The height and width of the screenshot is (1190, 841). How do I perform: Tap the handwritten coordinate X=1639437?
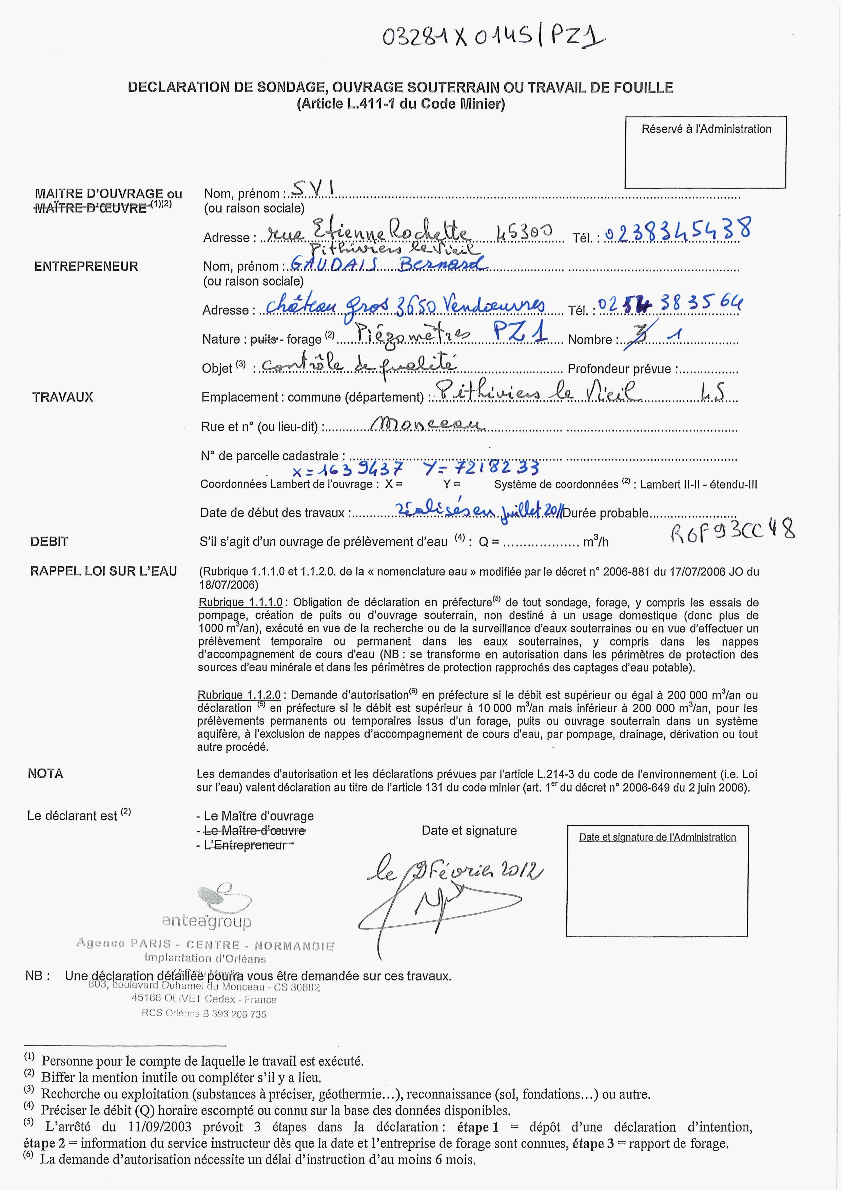(347, 469)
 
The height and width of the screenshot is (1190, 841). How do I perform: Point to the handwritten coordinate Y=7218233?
(481, 468)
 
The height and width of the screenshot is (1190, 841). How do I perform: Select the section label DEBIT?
(49, 542)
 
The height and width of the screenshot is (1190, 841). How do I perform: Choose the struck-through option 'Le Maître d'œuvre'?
(254, 830)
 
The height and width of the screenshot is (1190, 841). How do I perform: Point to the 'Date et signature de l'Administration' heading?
(657, 837)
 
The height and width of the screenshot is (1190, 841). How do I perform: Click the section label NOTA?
(45, 774)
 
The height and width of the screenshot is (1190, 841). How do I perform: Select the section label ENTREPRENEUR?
(86, 266)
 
